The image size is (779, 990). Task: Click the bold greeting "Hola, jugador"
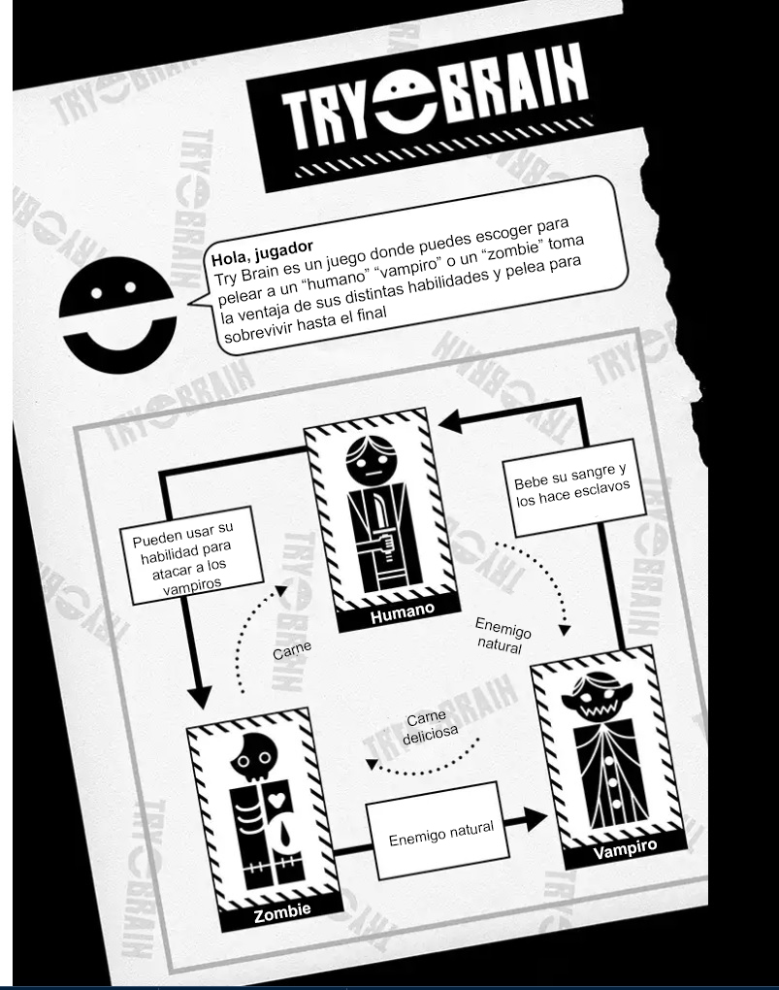coord(262,251)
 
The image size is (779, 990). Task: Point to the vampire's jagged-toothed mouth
coord(596,709)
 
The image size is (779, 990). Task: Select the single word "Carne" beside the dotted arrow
coord(292,649)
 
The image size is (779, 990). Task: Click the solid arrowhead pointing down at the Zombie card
coord(200,697)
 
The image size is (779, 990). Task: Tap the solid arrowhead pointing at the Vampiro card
coord(536,820)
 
